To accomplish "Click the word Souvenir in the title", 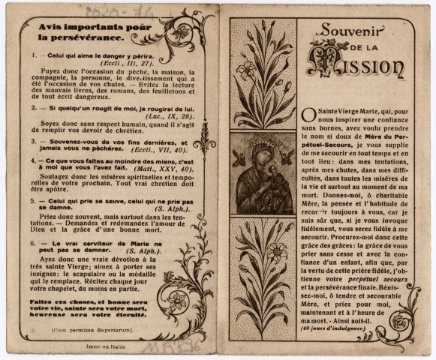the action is click(349, 32).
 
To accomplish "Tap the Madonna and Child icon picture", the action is click(262, 173).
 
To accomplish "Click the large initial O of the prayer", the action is click(309, 115).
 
